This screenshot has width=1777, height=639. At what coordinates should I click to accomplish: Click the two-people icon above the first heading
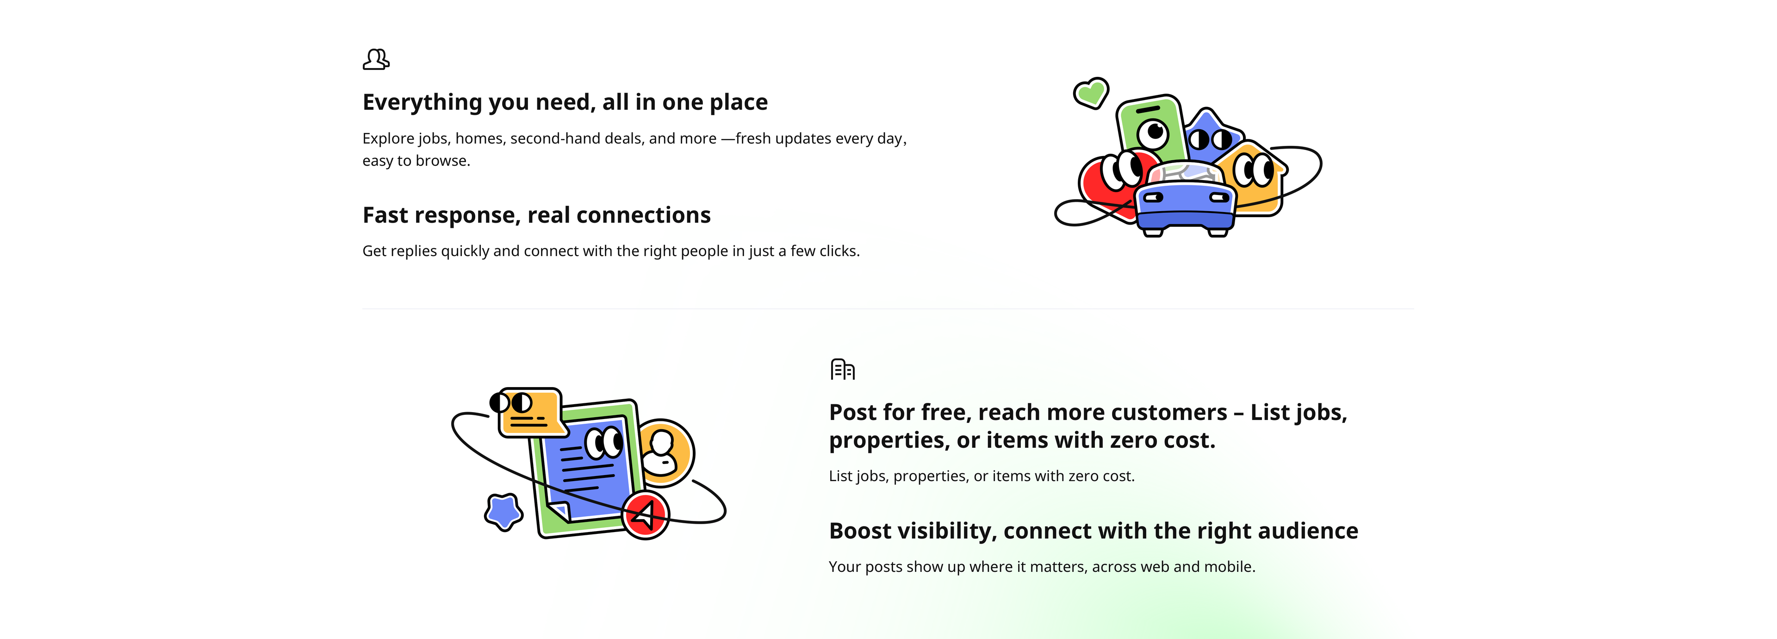(x=376, y=59)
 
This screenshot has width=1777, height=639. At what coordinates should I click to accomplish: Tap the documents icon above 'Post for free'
(x=842, y=369)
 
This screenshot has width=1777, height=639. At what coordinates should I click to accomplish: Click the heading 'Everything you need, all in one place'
(x=565, y=102)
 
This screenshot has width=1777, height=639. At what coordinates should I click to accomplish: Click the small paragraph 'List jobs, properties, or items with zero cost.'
(x=982, y=476)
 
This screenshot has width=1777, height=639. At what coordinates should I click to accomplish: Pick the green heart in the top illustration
(x=1091, y=93)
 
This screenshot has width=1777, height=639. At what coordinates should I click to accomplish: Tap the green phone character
(x=1150, y=128)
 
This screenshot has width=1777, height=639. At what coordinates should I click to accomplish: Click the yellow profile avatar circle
(x=665, y=453)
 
